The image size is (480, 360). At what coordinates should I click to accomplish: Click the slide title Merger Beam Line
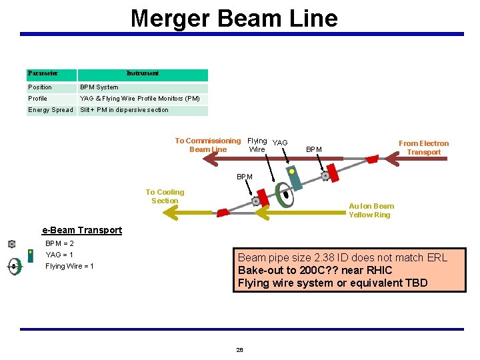click(234, 18)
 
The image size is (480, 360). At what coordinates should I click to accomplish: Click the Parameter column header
click(43, 73)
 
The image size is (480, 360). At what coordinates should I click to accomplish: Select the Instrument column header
click(143, 73)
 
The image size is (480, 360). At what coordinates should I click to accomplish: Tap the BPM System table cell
click(99, 87)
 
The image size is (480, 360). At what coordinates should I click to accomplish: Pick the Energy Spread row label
click(51, 110)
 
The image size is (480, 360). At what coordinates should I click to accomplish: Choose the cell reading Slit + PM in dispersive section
click(125, 110)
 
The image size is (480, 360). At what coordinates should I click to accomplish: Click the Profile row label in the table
click(38, 99)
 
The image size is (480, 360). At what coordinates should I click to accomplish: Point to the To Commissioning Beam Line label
click(207, 145)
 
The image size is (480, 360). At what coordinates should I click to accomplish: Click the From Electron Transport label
click(423, 147)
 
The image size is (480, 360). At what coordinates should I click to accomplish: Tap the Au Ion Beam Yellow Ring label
click(371, 210)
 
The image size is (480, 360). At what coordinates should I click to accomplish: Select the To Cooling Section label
click(165, 196)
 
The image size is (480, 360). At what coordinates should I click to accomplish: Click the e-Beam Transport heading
click(82, 230)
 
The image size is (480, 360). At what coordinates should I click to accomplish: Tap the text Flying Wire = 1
click(69, 267)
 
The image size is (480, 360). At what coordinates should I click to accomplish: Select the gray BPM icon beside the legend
click(12, 244)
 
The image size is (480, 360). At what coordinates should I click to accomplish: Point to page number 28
click(239, 349)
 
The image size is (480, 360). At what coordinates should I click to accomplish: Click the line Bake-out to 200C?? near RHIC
click(315, 270)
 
